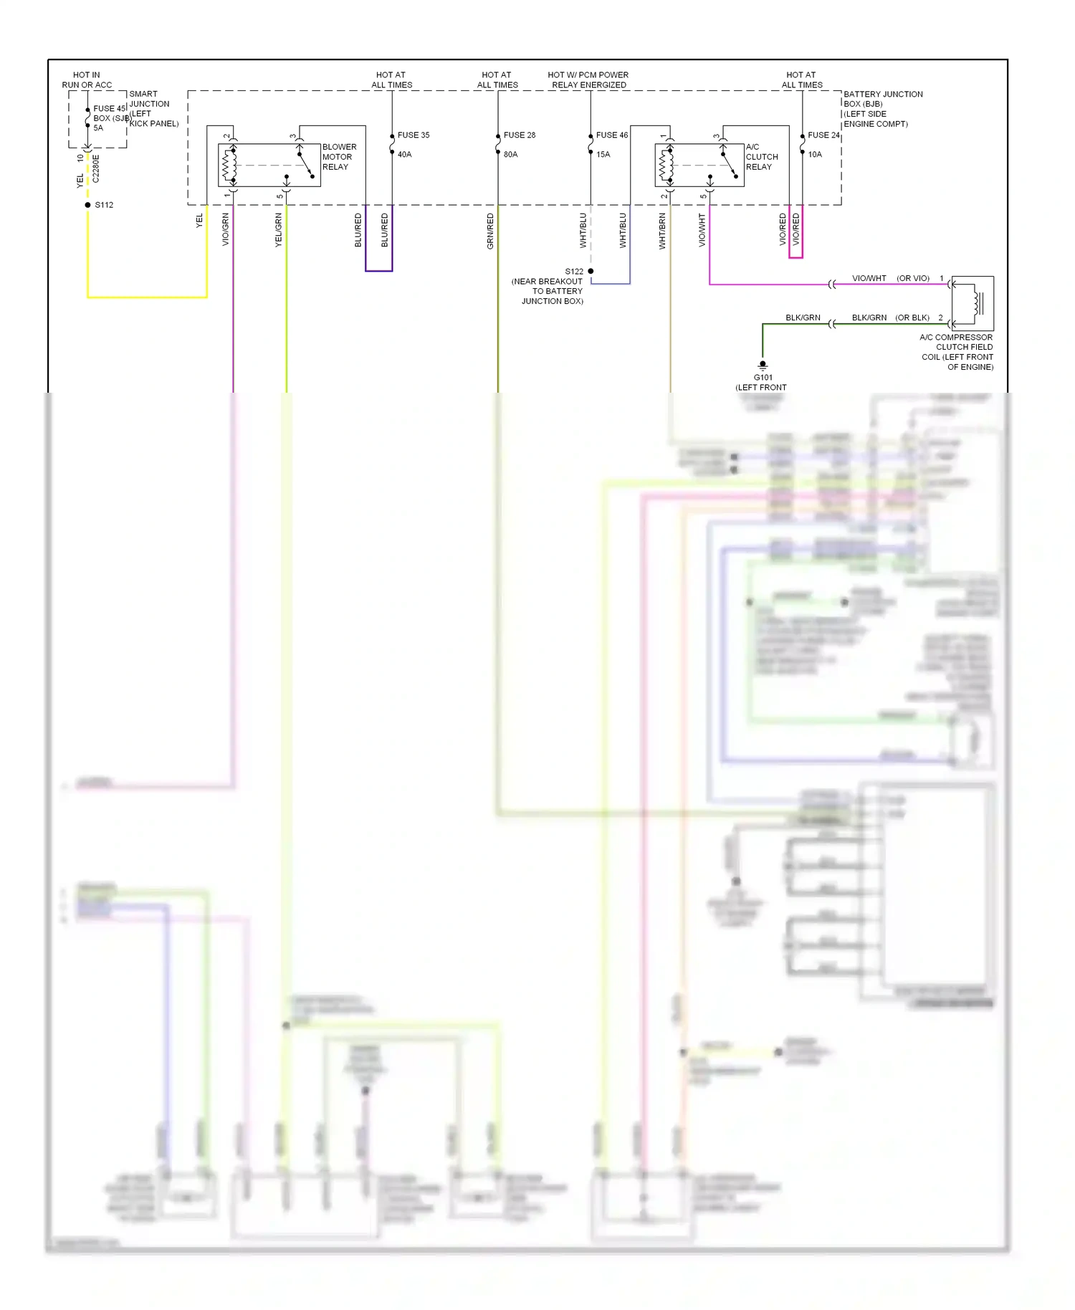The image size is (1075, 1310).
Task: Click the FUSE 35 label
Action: pos(414,135)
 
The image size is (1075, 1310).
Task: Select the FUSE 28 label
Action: pos(520,135)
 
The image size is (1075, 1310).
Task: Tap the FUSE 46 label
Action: pos(612,135)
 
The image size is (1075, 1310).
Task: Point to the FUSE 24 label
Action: pos(823,135)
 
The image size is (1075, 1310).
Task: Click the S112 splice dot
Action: pos(88,205)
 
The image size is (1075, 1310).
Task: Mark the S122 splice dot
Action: pos(591,271)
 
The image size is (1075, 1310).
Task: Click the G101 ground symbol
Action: pos(763,365)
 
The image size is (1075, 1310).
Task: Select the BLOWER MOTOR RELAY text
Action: pos(339,157)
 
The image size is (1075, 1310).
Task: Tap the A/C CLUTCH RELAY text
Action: pos(761,157)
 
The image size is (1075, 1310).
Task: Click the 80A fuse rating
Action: pos(511,154)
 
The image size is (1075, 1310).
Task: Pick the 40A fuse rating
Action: pos(405,154)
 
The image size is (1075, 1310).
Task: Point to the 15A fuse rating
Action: pos(603,154)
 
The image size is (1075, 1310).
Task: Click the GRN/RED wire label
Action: pos(490,231)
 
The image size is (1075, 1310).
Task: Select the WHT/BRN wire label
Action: pos(662,231)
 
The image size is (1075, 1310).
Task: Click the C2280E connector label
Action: pos(96,169)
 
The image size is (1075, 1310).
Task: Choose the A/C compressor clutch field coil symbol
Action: pos(973,303)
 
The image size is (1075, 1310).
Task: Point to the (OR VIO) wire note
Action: pos(913,278)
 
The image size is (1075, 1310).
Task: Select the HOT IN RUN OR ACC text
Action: pos(87,80)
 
